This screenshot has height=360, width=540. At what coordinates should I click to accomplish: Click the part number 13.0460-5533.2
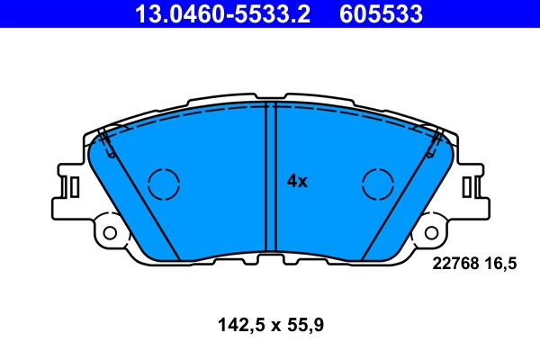pyautogui.click(x=222, y=13)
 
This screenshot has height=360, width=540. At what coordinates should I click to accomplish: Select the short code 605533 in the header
pyautogui.click(x=380, y=13)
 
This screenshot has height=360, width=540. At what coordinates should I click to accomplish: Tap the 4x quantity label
pyautogui.click(x=297, y=181)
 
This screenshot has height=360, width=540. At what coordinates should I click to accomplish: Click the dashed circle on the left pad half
pyautogui.click(x=164, y=184)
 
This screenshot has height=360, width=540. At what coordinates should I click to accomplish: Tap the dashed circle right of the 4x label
pyautogui.click(x=377, y=184)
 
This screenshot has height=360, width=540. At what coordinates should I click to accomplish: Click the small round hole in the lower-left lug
pyautogui.click(x=110, y=232)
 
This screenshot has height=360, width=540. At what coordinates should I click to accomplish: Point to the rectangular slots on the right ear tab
pyautogui.click(x=469, y=186)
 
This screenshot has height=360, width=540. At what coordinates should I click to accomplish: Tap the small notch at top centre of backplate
pyautogui.click(x=270, y=95)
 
